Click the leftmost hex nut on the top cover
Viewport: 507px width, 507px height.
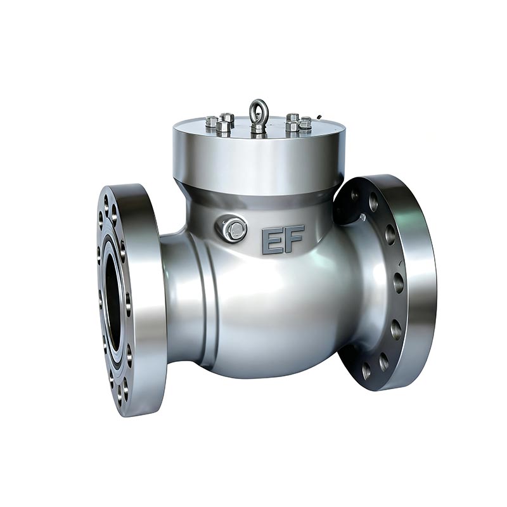212,122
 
